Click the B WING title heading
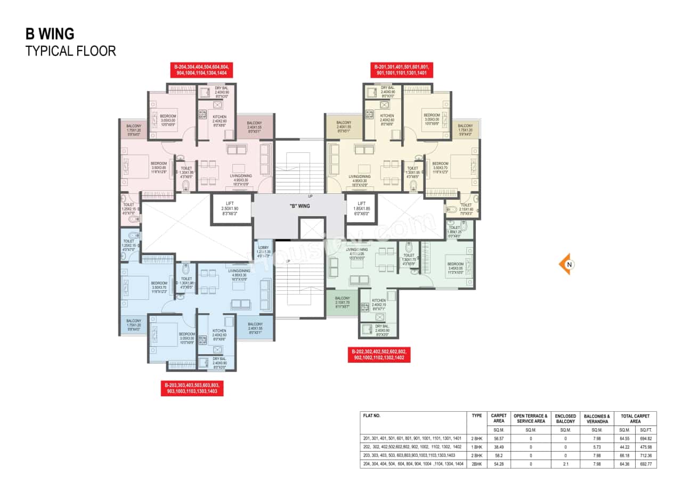[50, 34]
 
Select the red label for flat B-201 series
[401, 70]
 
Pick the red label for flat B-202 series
[380, 355]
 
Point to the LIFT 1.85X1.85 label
[361, 208]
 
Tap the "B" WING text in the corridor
[299, 206]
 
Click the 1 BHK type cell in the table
[476, 447]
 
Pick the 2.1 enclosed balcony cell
[565, 464]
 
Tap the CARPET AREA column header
[498, 419]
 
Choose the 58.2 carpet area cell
[498, 455]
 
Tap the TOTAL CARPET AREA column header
[635, 419]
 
